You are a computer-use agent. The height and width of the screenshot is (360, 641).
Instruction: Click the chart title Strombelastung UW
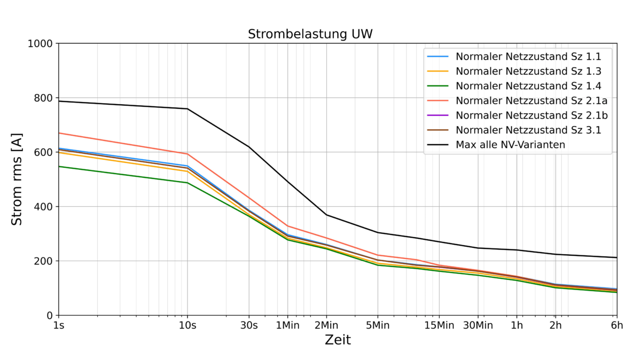[310, 34]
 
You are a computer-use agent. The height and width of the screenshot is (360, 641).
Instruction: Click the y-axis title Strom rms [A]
[17, 179]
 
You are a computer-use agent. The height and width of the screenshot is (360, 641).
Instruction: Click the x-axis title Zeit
[338, 340]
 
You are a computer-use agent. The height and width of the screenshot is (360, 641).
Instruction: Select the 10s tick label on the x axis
[187, 326]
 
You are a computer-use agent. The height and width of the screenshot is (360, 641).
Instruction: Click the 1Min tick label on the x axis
[288, 326]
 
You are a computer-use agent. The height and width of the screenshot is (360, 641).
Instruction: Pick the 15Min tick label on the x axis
[439, 326]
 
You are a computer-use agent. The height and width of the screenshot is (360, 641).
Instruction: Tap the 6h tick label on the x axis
[617, 326]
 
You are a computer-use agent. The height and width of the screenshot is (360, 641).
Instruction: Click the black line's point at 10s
[187, 109]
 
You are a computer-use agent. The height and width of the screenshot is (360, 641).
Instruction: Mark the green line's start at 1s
[59, 166]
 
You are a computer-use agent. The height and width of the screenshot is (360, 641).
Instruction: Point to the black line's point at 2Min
[326, 215]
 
